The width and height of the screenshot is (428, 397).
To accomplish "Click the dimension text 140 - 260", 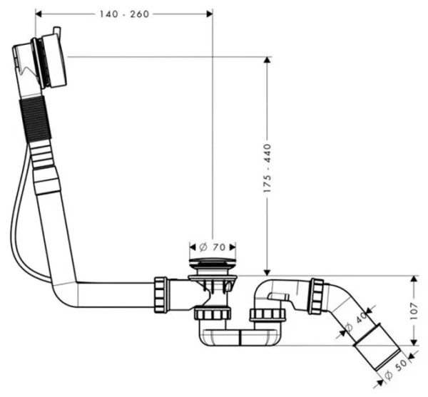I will click(x=125, y=14).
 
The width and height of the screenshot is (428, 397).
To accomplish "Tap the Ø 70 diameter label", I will click(x=212, y=247).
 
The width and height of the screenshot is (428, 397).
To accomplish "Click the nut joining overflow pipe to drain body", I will click(x=161, y=294).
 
